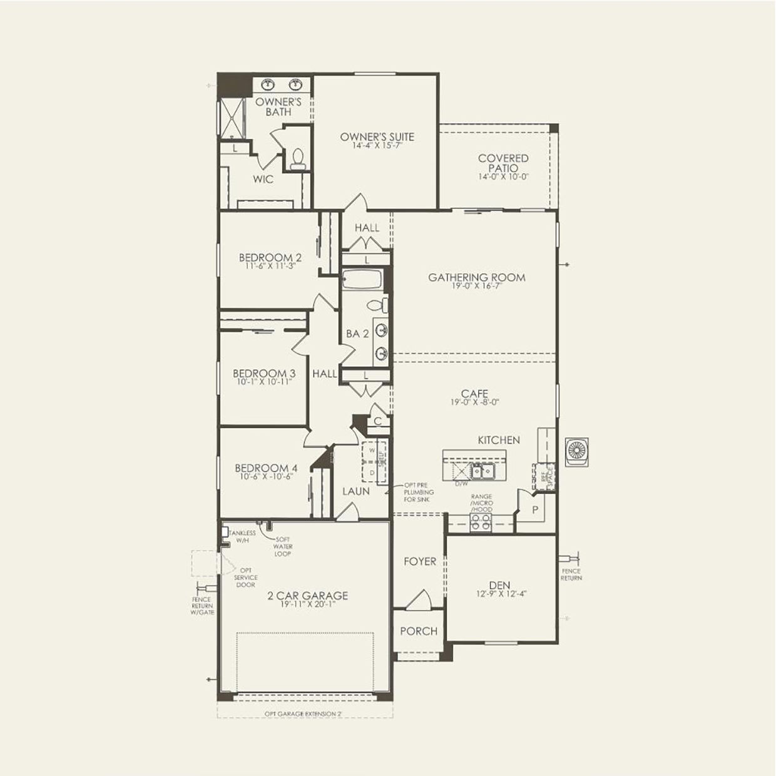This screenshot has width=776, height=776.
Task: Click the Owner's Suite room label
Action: coord(377,136)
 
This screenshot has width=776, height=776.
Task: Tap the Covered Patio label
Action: coord(503,163)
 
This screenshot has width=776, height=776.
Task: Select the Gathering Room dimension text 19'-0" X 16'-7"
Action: coord(477,287)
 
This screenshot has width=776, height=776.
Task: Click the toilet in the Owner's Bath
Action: coord(297,158)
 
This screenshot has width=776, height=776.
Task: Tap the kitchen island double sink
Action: coord(482,471)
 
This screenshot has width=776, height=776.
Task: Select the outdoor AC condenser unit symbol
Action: coord(575,451)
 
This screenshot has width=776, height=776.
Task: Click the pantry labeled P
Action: coord(534,510)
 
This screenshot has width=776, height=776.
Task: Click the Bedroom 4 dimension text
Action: coord(265,477)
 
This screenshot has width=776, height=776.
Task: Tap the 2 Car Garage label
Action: coord(307,596)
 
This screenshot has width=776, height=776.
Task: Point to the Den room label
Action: coord(499,585)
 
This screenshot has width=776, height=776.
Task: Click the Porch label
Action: coord(419,631)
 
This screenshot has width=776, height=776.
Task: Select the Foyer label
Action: coord(419,561)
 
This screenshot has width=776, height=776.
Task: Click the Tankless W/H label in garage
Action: coord(242,536)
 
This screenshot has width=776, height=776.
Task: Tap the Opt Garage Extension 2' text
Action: coord(303,713)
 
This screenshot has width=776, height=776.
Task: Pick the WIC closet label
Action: coord(263,180)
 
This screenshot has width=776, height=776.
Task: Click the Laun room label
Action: coord(355,491)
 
